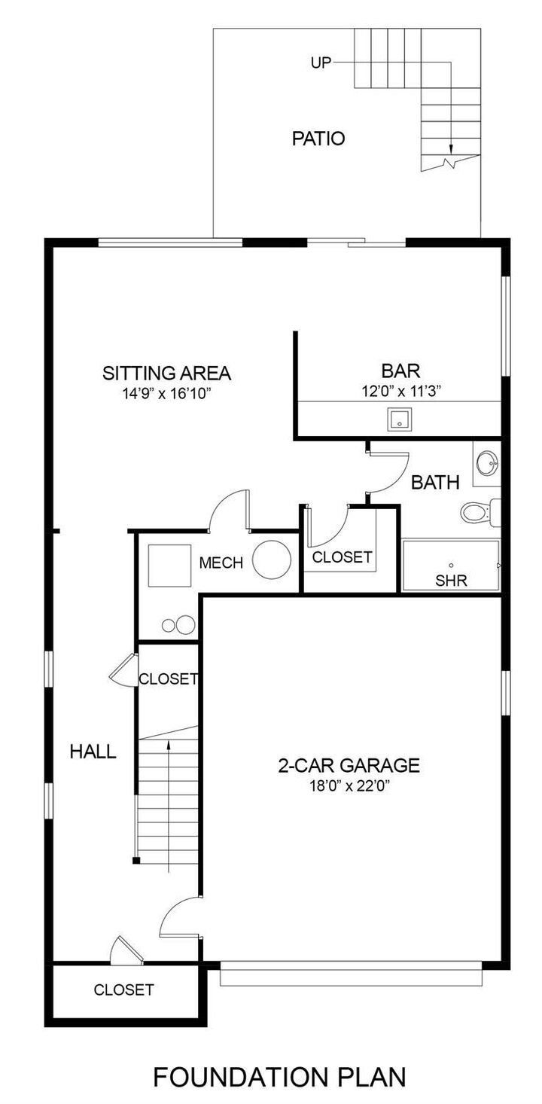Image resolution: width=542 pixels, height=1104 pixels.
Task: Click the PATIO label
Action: (x=318, y=139)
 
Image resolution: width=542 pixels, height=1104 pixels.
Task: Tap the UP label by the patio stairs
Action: (x=321, y=63)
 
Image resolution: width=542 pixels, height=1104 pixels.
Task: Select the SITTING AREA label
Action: (x=166, y=373)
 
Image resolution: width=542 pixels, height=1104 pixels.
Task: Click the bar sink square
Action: (x=398, y=419)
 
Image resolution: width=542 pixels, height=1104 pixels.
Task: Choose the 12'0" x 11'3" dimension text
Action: (x=400, y=391)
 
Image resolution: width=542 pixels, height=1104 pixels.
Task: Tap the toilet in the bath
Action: (x=476, y=512)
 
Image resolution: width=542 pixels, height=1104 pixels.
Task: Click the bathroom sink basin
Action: (x=487, y=461)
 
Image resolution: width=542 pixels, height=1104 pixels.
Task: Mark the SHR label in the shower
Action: (x=452, y=580)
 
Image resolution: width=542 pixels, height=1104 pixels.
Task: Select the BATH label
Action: (x=435, y=483)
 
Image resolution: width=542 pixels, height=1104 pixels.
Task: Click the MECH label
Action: (x=221, y=563)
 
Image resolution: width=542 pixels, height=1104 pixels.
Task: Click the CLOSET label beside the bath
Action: (x=342, y=557)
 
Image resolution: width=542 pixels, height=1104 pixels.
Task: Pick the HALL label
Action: (x=93, y=751)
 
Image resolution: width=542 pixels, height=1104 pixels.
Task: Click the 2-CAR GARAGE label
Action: (x=349, y=766)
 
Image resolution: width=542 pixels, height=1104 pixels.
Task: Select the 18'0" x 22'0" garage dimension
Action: (x=349, y=786)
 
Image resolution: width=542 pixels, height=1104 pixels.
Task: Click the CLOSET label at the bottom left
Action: (x=123, y=990)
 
